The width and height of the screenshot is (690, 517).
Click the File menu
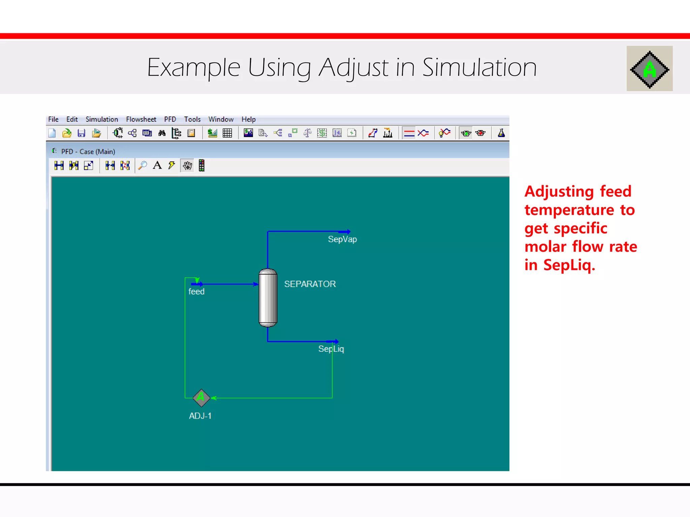53,119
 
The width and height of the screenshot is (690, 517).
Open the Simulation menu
102,119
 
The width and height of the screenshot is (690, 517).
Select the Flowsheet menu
141,119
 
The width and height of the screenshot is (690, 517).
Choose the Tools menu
192,119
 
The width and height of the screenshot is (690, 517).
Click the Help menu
249,119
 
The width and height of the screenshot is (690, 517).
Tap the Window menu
221,119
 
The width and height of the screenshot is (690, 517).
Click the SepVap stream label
342,239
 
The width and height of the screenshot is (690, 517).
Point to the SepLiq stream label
331,349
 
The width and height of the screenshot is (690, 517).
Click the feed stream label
196,291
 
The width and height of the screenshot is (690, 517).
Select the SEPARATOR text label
310,284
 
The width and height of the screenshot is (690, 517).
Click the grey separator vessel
268,298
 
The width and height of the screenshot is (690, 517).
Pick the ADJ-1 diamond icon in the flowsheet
201,398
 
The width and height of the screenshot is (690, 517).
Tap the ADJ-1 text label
200,416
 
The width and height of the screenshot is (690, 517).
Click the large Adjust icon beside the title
650,69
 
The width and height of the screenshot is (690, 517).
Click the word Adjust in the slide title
353,68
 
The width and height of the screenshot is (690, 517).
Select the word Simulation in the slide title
479,68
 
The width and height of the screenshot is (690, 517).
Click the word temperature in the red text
569,210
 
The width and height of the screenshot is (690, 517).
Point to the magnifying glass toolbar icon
143,165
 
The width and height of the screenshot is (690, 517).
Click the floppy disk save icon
81,133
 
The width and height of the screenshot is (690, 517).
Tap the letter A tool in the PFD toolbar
157,165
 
